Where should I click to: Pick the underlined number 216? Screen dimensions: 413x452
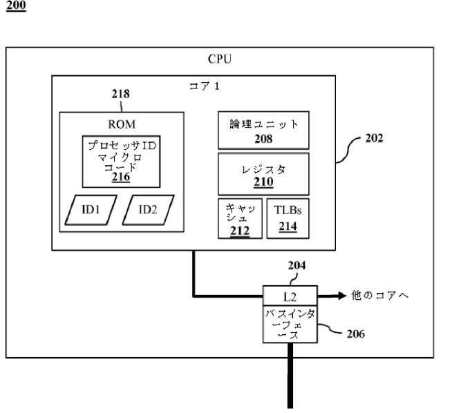click(x=120, y=177)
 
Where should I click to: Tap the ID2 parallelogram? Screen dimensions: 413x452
click(x=147, y=209)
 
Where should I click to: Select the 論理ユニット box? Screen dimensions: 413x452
click(x=263, y=130)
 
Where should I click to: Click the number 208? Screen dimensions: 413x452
click(x=263, y=138)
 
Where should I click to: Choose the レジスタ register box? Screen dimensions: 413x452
click(x=263, y=174)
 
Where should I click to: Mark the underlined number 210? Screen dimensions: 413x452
click(x=263, y=183)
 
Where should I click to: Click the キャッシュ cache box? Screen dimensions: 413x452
click(x=240, y=219)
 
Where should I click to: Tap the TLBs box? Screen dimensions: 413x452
click(x=287, y=219)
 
